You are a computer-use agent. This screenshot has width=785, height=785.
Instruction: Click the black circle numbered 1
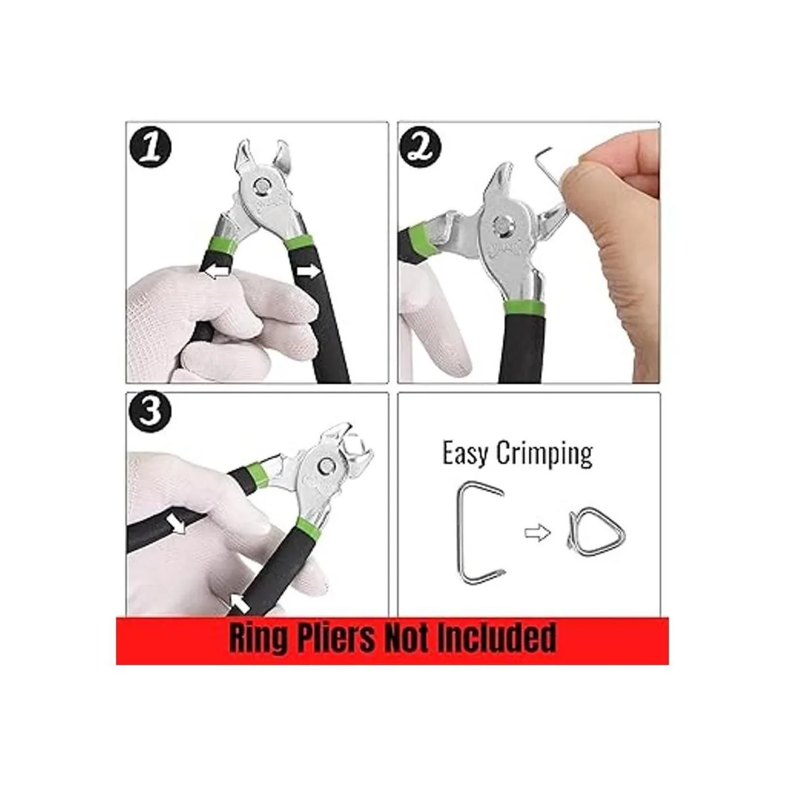(150, 146)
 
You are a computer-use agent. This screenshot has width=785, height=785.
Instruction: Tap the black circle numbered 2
(421, 145)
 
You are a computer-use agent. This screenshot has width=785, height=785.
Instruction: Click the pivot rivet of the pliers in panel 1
(261, 186)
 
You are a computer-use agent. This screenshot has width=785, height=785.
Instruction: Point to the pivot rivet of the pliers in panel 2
(502, 225)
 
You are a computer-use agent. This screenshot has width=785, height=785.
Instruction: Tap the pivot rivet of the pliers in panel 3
(326, 465)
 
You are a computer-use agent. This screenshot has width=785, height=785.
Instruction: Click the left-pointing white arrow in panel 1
(217, 272)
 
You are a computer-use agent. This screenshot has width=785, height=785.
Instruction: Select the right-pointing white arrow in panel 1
(308, 272)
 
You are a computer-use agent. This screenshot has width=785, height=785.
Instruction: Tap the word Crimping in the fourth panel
(544, 454)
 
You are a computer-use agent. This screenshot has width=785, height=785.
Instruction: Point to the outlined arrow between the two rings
(538, 532)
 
